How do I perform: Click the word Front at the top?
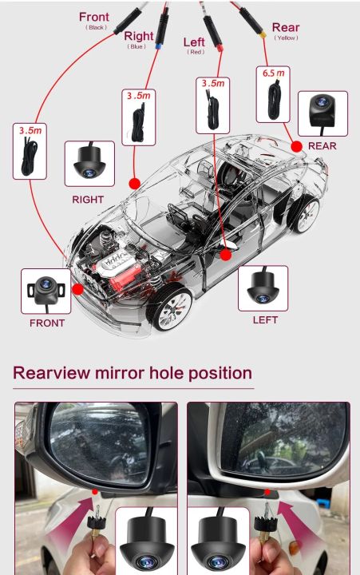click(x=94, y=17)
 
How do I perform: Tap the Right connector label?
click(x=138, y=36)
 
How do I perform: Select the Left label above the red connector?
click(x=194, y=42)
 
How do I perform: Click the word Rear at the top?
click(x=286, y=28)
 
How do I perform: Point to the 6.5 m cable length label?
click(x=271, y=73)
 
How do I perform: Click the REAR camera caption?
click(x=322, y=146)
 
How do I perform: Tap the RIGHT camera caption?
click(x=88, y=199)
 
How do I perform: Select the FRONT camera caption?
click(x=47, y=323)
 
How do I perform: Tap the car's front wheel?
click(x=170, y=309)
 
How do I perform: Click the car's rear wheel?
click(x=304, y=212)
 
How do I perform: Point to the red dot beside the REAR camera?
click(x=296, y=146)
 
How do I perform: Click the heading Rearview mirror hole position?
click(x=133, y=373)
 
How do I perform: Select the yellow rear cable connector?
click(x=261, y=36)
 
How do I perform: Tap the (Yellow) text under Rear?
click(x=285, y=38)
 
